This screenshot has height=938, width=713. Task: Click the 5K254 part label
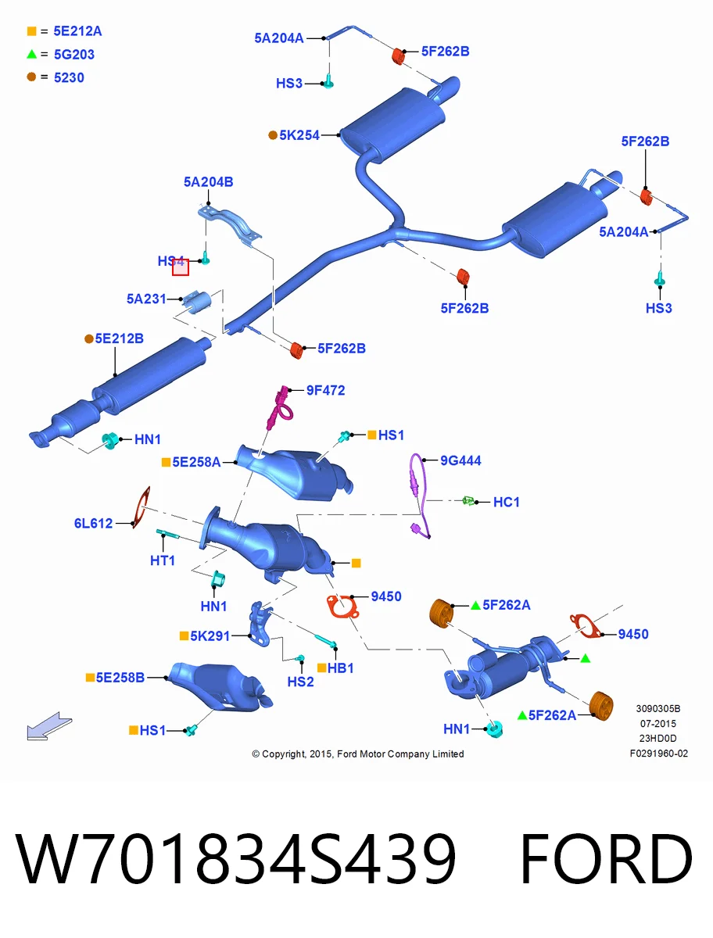coord(299,135)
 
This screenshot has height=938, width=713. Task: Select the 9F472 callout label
coord(325,390)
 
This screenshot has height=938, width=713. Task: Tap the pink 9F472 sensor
coord(281,407)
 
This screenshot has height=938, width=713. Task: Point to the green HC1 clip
coord(468,500)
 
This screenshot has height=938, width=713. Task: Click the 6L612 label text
coord(93,523)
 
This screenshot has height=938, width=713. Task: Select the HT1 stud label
coord(163,560)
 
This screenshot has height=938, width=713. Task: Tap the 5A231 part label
coord(146,299)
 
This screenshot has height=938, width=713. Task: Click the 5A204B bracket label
coord(209,182)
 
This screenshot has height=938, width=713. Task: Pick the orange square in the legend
coord(31,31)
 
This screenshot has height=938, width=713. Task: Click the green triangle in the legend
coord(31,54)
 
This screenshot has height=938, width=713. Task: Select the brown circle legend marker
coord(31,77)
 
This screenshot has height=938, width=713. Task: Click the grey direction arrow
coord(49,725)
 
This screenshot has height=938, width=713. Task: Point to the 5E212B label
coord(119,338)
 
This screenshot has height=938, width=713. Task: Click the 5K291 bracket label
coord(210,635)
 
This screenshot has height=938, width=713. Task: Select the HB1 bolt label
coord(341,668)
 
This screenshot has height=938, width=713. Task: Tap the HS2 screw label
coord(300,682)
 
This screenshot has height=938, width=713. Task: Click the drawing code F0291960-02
coord(659,754)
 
